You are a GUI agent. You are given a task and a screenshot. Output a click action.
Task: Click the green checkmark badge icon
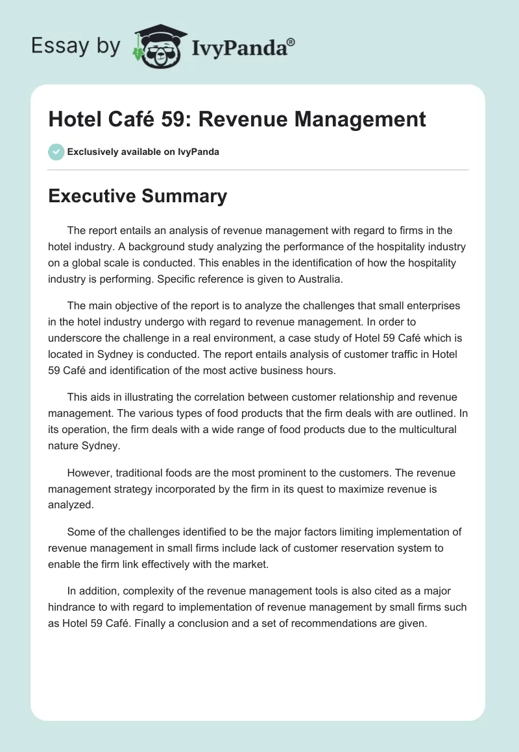pos(56,152)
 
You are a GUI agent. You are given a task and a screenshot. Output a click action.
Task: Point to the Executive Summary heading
pos(138,196)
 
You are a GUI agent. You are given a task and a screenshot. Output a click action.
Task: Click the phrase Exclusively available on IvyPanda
pos(143,152)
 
